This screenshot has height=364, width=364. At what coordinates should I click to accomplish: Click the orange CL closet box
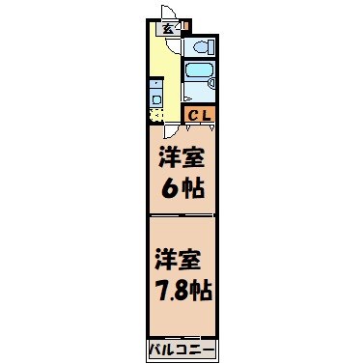[201, 115]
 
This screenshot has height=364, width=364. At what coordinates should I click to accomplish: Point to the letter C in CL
[193, 115]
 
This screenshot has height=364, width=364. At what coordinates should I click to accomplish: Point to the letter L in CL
[207, 115]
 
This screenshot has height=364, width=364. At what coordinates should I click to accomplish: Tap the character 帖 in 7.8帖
[202, 291]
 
